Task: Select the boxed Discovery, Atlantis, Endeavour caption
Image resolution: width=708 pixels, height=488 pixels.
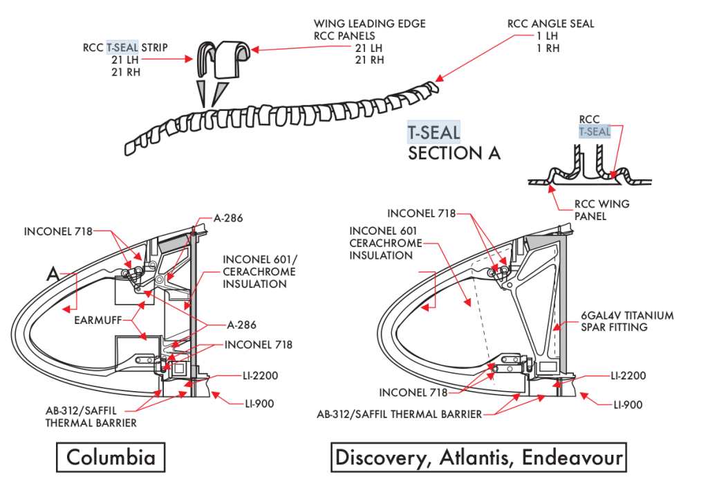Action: (x=478, y=458)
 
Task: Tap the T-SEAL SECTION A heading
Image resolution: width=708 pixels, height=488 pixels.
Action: (x=454, y=143)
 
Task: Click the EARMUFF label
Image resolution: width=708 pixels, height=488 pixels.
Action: (x=102, y=321)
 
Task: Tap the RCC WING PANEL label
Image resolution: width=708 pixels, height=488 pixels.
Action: (x=602, y=210)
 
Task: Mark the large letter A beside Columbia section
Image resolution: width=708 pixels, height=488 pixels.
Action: (x=53, y=273)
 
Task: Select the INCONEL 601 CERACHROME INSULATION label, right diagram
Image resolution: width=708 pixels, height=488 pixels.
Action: (x=386, y=242)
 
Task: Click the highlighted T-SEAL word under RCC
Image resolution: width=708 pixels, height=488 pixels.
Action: (x=595, y=132)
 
